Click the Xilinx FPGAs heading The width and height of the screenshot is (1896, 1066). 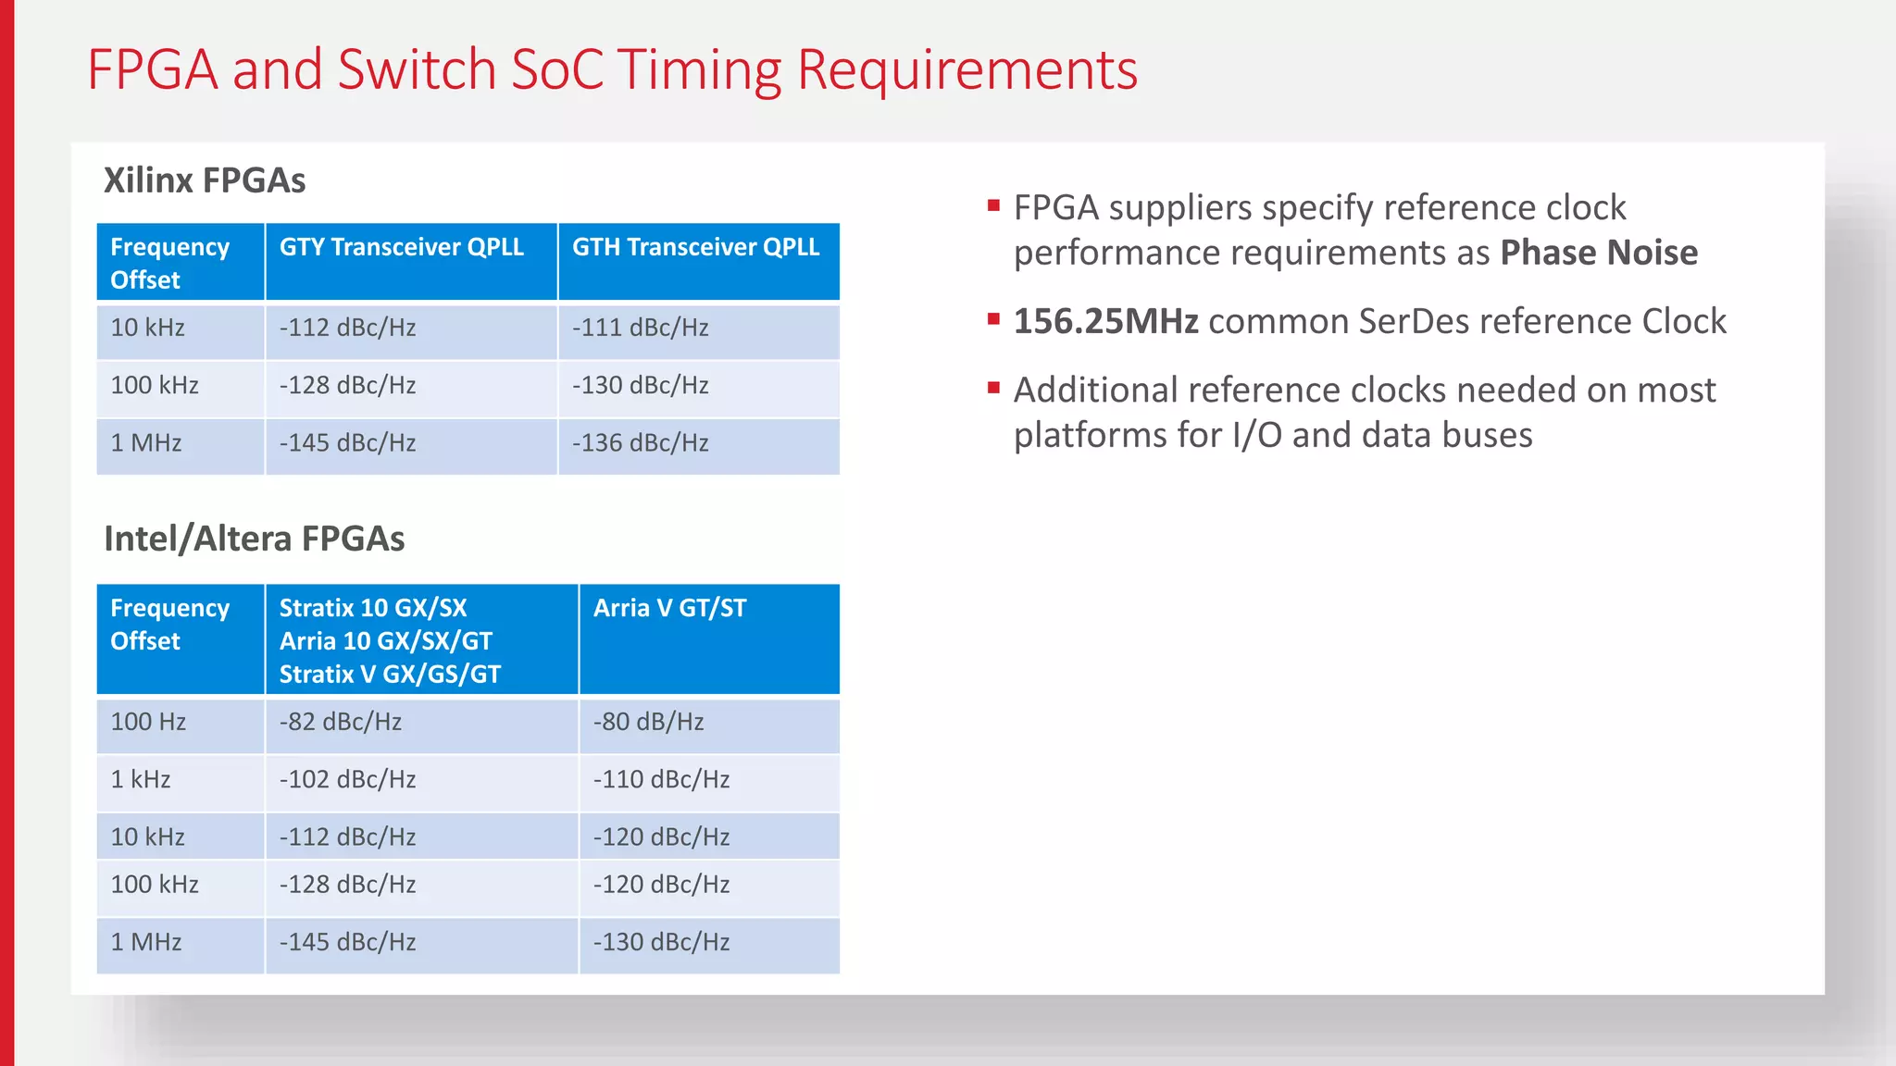point(205,180)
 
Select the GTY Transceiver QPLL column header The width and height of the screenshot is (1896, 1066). point(401,247)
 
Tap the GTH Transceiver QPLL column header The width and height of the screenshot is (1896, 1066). point(695,247)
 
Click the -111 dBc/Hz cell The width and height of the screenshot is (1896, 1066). point(640,328)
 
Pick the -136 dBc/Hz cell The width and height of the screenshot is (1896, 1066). point(640,443)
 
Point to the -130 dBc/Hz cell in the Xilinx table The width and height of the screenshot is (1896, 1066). point(640,385)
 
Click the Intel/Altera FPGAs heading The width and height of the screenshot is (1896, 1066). point(254,539)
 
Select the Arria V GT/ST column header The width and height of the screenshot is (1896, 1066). point(669,608)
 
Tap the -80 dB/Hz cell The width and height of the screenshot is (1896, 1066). point(648,722)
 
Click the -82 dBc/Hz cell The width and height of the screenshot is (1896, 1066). point(341,722)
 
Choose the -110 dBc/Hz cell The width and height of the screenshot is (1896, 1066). point(661,779)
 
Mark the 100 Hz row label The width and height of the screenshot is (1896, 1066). point(148,722)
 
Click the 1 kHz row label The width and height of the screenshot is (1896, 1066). point(141,779)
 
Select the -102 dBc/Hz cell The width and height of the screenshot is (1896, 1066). point(347,779)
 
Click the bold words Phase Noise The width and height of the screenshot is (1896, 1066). point(1599,253)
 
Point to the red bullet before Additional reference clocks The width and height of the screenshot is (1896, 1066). point(993,388)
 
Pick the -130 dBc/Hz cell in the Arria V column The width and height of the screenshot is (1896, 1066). point(661,942)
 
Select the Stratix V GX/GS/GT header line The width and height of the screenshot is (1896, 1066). point(390,675)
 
